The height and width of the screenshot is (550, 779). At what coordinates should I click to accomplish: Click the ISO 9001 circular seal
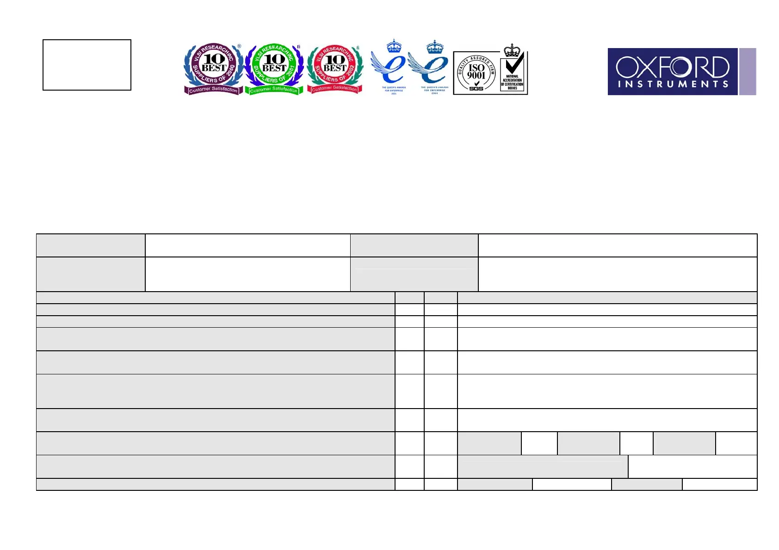476,73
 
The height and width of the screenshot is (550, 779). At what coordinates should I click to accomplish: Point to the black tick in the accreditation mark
514,63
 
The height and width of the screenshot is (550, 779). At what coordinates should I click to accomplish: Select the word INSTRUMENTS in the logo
673,84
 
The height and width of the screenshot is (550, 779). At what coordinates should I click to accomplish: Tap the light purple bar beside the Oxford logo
748,72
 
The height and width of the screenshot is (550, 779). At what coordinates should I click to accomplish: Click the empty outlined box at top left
87,65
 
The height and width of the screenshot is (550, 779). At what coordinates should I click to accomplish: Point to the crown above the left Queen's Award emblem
394,45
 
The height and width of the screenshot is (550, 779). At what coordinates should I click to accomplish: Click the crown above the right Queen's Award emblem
435,46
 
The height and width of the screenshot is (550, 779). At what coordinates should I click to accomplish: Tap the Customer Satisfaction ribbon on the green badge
274,90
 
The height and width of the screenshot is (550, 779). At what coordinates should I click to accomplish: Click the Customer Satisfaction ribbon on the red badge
334,88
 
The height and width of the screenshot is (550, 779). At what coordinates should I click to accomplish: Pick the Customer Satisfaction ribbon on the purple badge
213,90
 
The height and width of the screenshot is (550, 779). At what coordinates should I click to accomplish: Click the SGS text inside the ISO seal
476,88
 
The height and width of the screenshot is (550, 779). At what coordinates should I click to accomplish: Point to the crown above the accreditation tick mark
512,49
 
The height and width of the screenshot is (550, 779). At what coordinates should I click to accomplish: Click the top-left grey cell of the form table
91,245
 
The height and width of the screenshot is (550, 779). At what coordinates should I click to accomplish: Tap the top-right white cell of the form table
617,245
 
